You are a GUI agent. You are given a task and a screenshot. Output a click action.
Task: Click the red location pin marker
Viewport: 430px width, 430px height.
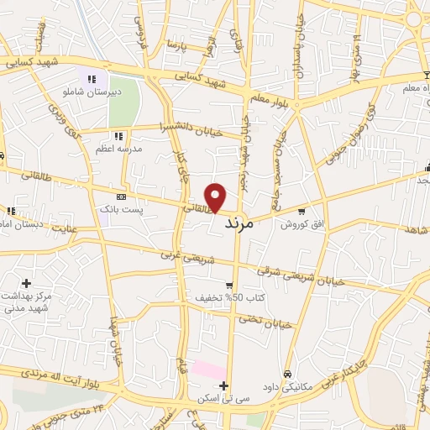coord(217,197)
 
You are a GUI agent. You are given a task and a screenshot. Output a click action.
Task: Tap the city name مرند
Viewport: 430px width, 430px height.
coord(244,226)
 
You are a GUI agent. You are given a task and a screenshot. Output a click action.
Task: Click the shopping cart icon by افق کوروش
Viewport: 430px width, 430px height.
coord(300,212)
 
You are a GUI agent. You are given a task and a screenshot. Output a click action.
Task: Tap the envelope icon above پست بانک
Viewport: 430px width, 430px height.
coord(122,197)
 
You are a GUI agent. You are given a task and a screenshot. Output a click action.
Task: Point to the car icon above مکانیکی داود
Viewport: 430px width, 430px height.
coord(287,374)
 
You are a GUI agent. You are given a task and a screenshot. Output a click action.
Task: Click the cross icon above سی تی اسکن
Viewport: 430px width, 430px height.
coord(223,385)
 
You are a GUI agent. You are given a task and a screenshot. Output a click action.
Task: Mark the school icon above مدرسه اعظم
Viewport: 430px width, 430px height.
coord(118,135)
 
